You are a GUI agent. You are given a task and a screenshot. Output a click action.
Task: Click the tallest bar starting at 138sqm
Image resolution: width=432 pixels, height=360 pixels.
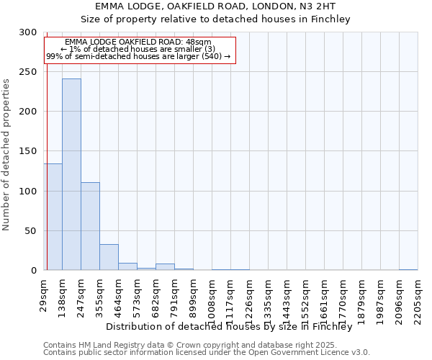(71, 174)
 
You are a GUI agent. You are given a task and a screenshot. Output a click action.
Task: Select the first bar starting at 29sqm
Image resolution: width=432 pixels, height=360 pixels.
(53, 217)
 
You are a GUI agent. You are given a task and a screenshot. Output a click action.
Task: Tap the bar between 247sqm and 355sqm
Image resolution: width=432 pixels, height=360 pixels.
(90, 226)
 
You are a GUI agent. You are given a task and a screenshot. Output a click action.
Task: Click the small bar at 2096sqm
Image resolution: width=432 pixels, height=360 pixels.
(408, 269)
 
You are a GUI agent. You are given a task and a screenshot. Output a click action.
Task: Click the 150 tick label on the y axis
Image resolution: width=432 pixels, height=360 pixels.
(28, 152)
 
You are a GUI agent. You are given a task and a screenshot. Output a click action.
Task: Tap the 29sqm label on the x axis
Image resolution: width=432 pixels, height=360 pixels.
(44, 294)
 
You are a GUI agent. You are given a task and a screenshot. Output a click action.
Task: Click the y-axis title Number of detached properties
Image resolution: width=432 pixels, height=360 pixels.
(7, 155)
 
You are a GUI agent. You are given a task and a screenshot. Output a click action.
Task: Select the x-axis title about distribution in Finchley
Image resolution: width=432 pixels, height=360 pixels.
(233, 326)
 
